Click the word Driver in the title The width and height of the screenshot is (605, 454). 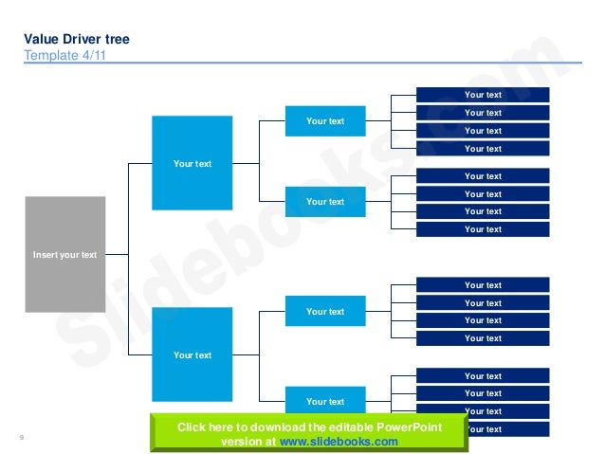[80, 40]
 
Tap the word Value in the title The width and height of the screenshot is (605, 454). [42, 40]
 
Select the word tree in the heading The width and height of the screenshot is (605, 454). [117, 40]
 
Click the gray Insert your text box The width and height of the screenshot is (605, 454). [64, 254]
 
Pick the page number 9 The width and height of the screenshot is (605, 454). [21, 437]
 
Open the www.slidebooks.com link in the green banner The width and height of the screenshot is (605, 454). [339, 442]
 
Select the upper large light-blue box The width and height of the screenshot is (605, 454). [192, 162]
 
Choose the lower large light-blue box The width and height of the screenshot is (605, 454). [192, 354]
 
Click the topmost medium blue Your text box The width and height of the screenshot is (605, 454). [325, 120]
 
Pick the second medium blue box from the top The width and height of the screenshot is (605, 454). [325, 201]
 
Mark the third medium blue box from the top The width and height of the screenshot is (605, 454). [325, 311]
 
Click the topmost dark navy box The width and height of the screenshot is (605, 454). [483, 95]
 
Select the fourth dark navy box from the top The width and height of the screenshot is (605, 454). [483, 149]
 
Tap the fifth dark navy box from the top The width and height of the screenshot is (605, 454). [483, 176]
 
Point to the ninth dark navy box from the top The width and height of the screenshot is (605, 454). [483, 285]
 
